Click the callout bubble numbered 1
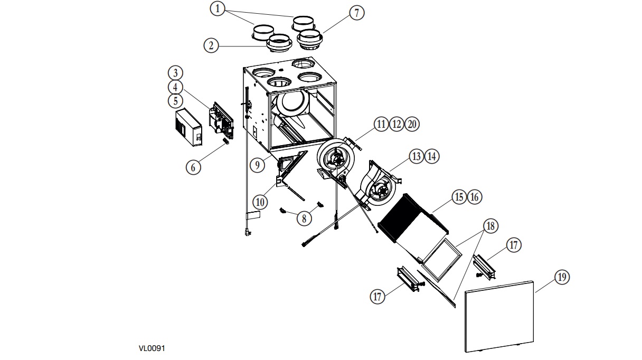(218, 8)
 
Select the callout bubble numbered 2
(211, 45)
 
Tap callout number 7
(356, 13)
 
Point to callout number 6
(193, 167)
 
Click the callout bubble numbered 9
(257, 165)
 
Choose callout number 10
(260, 201)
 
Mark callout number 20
(412, 124)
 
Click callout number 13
(417, 156)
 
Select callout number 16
(475, 197)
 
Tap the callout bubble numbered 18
(490, 226)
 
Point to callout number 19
(562, 277)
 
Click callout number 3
(176, 72)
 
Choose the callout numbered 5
(176, 100)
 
